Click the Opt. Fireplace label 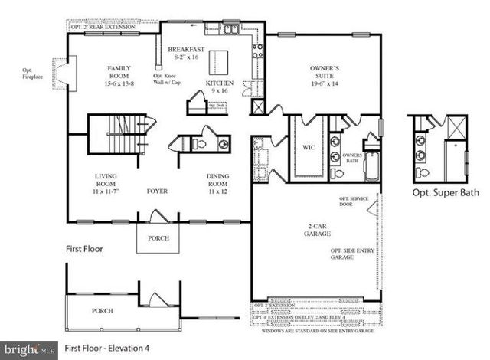(33, 74)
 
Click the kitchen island (221, 60)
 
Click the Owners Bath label (351, 159)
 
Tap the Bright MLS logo (29, 349)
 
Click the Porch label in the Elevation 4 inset (103, 311)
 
